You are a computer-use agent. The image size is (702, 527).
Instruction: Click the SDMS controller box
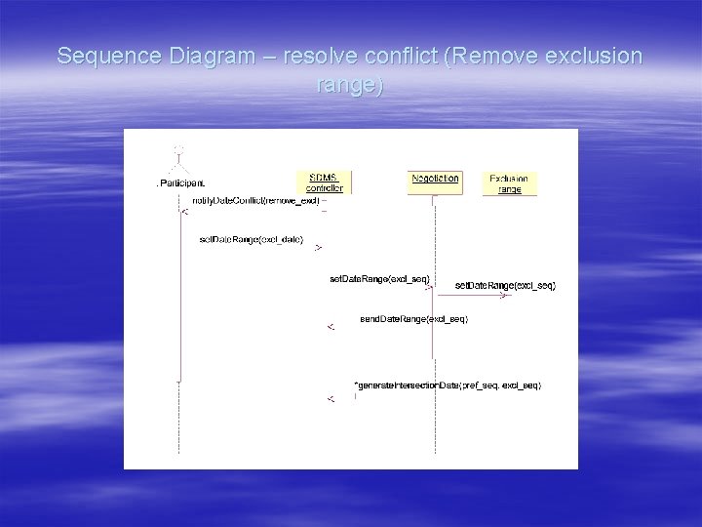324,182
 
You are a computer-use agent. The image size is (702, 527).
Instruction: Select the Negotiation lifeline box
435,179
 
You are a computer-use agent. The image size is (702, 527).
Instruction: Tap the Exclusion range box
509,183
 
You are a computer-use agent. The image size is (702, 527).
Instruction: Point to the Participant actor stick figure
178,160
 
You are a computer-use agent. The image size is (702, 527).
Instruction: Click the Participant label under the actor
181,183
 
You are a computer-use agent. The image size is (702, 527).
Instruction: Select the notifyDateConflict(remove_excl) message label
255,200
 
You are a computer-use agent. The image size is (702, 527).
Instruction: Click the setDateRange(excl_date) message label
251,239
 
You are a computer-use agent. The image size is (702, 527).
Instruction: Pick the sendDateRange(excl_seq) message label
413,319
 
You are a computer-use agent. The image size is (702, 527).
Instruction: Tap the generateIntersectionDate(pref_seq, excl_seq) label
448,385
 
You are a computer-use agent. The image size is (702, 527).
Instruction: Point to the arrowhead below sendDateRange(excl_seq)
331,327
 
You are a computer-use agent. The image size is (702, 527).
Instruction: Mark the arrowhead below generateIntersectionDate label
331,398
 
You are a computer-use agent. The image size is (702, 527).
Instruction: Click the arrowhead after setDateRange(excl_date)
317,249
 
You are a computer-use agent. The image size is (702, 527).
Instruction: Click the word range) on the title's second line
351,85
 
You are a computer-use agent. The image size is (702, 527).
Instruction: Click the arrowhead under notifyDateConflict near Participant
185,211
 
